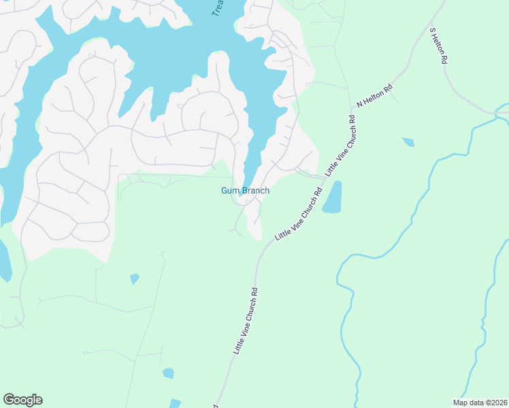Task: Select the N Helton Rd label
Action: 375,97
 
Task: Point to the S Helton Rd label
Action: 439,46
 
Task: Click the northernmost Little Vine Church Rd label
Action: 341,146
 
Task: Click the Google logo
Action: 22,400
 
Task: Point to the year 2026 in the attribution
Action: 498,403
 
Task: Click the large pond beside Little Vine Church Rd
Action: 332,198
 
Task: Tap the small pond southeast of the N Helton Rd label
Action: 408,142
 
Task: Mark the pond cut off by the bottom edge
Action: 176,403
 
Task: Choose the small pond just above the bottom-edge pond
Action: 168,373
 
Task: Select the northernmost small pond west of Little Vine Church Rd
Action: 135,278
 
